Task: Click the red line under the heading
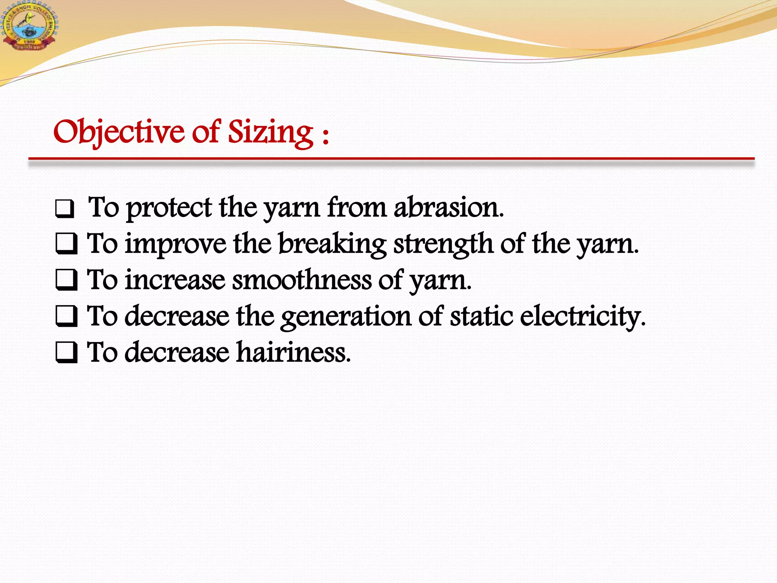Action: [391, 159]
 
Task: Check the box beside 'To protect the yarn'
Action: [64, 209]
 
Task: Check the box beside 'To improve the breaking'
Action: [66, 244]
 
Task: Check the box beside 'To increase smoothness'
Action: [66, 280]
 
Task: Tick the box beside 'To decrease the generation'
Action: [66, 316]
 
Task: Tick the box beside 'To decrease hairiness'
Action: [66, 352]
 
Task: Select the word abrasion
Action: [448, 208]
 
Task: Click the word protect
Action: [169, 208]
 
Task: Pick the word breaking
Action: [332, 244]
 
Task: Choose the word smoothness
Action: [302, 280]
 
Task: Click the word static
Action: [481, 316]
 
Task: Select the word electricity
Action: [582, 316]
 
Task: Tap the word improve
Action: [176, 244]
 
